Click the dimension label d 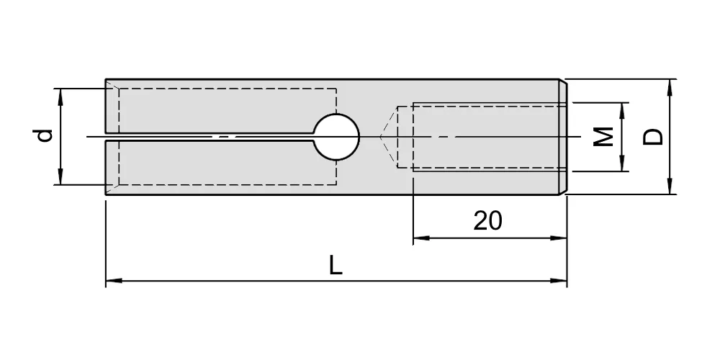(x=45, y=136)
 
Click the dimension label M (x=603, y=136)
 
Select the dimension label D (x=652, y=137)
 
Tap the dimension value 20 (x=487, y=221)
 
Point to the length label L (x=336, y=266)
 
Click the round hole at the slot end (x=336, y=137)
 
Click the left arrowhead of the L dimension (x=114, y=280)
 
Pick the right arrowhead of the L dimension (x=559, y=280)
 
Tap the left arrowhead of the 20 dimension (x=421, y=238)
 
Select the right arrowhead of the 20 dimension (x=559, y=238)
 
